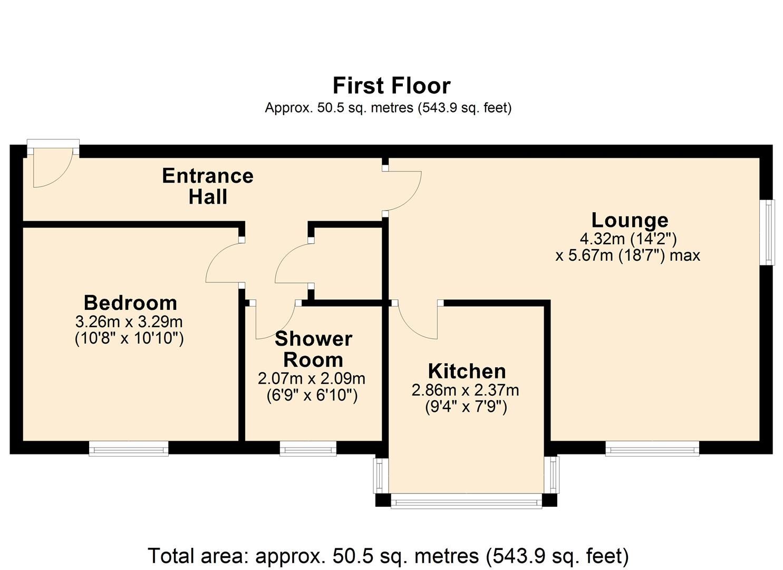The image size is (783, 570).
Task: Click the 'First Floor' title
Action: point(391,85)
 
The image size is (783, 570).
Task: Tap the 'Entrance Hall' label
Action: point(208,186)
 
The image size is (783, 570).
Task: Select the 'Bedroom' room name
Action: point(130,303)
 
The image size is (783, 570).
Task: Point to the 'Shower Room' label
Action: point(313,349)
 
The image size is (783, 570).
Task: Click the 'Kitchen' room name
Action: point(467,371)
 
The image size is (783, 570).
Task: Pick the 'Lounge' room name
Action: point(630,220)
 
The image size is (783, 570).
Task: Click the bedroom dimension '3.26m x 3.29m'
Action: point(129,321)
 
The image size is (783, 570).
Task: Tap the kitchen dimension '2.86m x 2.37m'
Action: point(465,390)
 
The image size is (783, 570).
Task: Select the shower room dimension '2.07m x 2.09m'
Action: point(312,378)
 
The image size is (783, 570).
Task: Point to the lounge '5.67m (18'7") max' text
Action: point(627,255)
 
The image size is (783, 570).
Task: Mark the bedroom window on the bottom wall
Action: point(129,449)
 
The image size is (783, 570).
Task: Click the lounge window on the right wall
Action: point(770,232)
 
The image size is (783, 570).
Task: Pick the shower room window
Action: point(308,449)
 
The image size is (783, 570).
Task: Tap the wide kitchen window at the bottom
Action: point(466,501)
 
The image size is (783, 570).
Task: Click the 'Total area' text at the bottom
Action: point(388,556)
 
